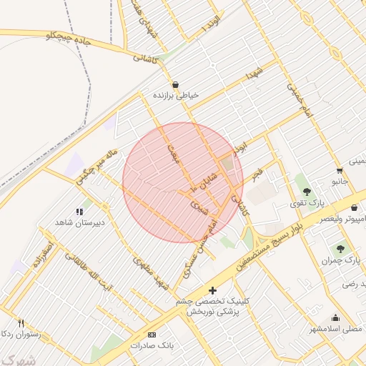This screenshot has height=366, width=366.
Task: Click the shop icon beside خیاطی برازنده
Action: point(176,83)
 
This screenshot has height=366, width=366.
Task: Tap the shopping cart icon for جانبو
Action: point(339,171)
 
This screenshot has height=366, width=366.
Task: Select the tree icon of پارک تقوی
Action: point(307,191)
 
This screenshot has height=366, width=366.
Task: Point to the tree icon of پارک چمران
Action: point(340,249)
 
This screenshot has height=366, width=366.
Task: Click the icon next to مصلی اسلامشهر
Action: point(336,318)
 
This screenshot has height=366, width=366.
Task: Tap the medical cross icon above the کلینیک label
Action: point(212,290)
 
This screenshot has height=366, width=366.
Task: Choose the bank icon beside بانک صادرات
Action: point(151,335)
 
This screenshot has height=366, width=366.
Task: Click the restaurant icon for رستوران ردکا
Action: point(21,323)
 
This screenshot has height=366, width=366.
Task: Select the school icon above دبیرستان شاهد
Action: point(79,212)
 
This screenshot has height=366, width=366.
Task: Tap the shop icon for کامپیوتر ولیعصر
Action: point(355,207)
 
